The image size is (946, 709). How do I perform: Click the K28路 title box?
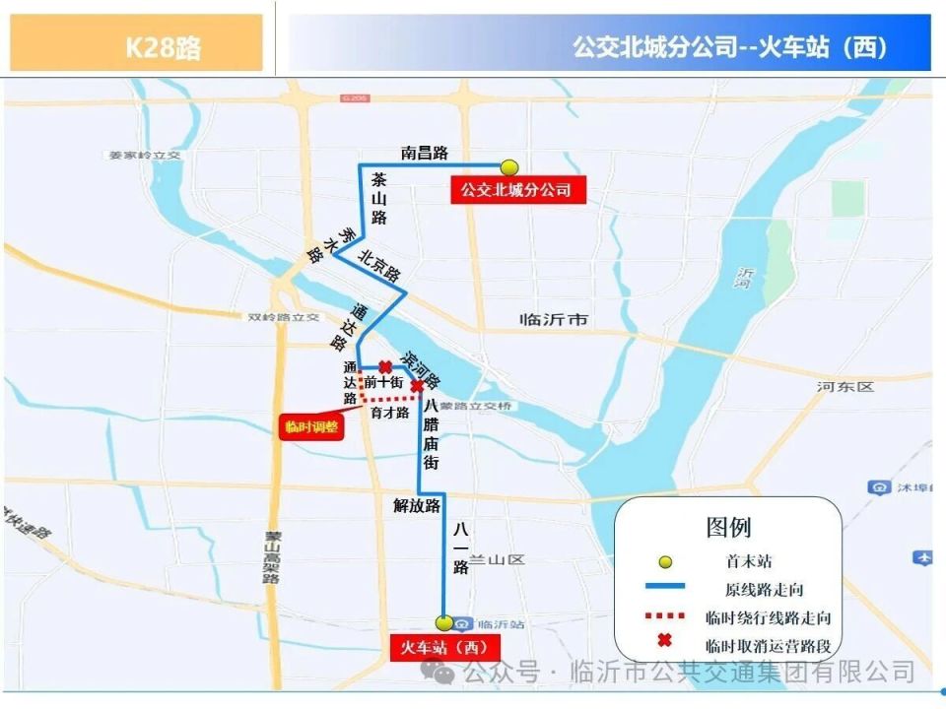pyautogui.click(x=137, y=45)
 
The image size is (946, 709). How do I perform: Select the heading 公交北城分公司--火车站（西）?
pyautogui.click(x=730, y=45)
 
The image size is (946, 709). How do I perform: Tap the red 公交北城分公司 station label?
pyautogui.click(x=517, y=189)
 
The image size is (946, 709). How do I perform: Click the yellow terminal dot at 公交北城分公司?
pyautogui.click(x=509, y=167)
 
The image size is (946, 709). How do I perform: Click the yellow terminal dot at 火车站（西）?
pyautogui.click(x=444, y=622)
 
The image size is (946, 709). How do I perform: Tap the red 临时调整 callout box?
pyautogui.click(x=310, y=426)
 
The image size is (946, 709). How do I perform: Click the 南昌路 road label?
pyautogui.click(x=424, y=153)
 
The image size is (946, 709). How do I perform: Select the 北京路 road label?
pyautogui.click(x=379, y=265)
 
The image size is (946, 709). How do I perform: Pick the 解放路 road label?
pyautogui.click(x=416, y=506)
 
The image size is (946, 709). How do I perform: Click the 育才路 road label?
pyautogui.click(x=389, y=413)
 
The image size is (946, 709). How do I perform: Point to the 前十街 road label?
pyautogui.click(x=383, y=382)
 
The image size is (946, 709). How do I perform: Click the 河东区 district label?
pyautogui.click(x=845, y=387)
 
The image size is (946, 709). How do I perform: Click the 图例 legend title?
pyautogui.click(x=728, y=527)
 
